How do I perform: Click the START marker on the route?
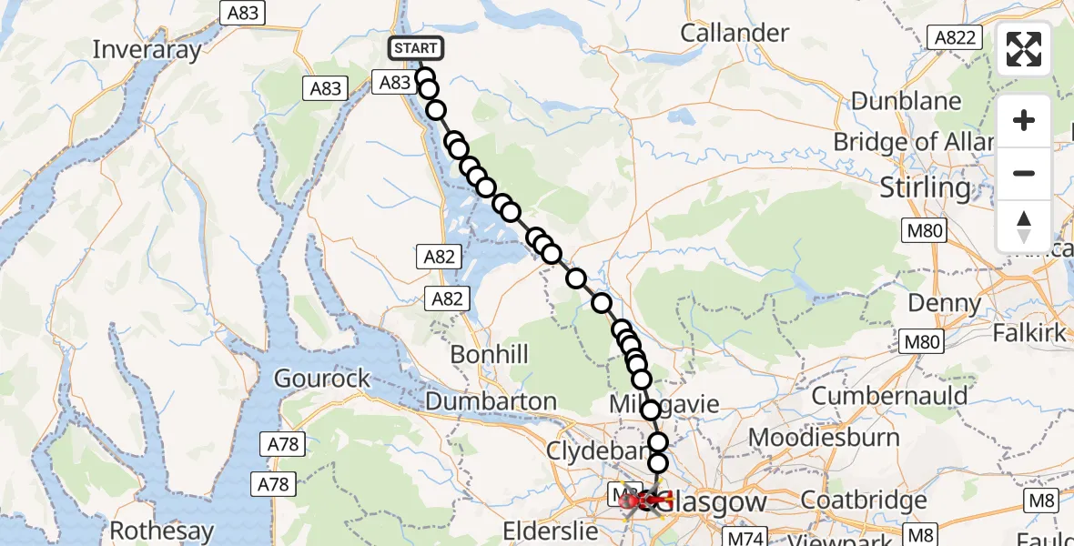point(416,48)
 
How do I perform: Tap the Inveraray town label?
point(147,49)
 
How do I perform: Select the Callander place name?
point(735,32)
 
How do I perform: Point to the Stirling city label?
point(926,187)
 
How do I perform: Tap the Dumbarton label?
point(491,400)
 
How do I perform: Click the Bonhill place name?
point(489,354)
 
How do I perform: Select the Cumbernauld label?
point(889,396)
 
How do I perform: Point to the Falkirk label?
point(1028,333)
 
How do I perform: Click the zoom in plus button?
point(1024,120)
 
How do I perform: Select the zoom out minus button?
point(1024,173)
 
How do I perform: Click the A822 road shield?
point(955,37)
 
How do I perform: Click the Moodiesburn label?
point(824,437)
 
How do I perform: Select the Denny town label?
point(947,302)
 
